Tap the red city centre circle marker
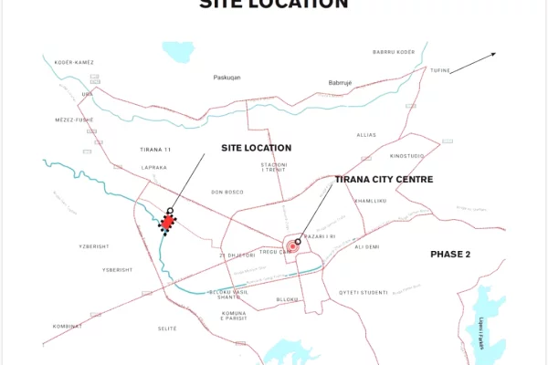292,246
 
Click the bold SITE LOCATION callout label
257,148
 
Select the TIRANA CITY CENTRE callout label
384,180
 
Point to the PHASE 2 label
450,254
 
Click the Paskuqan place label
227,78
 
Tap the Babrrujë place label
341,83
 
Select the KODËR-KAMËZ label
74,62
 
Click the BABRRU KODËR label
395,52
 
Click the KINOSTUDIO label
406,156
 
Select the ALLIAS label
366,134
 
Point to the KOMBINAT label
68,326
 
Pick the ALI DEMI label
366,246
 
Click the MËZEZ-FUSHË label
74,120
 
